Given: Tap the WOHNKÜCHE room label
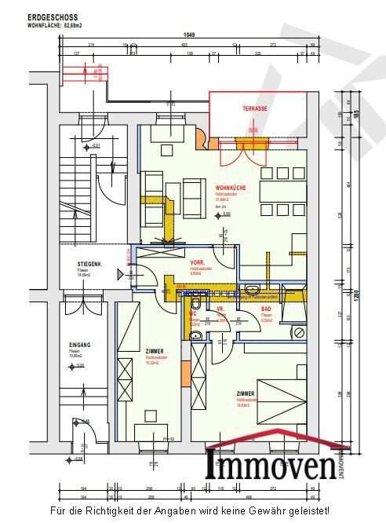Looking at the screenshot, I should click(232, 188).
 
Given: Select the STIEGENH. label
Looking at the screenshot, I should click(88, 264).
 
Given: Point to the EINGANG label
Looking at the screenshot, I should click(80, 345).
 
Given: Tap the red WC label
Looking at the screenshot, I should click(192, 312).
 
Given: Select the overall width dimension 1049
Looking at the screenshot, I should click(189, 35).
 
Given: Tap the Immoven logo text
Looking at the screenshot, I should click(271, 466).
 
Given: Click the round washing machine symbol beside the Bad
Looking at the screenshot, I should click(299, 333).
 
